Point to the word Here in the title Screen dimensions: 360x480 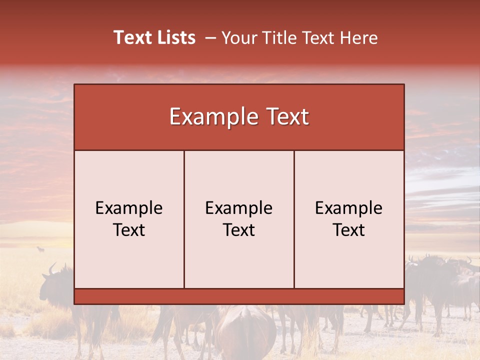coord(359,38)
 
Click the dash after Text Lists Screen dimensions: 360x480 coord(210,38)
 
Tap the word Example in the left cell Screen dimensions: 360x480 coord(129,208)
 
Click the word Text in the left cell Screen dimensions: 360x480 coord(129,230)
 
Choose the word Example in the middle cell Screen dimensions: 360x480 coord(239,208)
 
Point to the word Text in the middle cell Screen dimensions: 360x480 coord(239,230)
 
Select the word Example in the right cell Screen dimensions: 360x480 coord(349,208)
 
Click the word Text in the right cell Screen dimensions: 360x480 coord(349,230)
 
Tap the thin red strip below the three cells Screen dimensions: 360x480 coord(239,296)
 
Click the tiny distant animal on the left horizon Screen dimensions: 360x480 coord(40,248)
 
